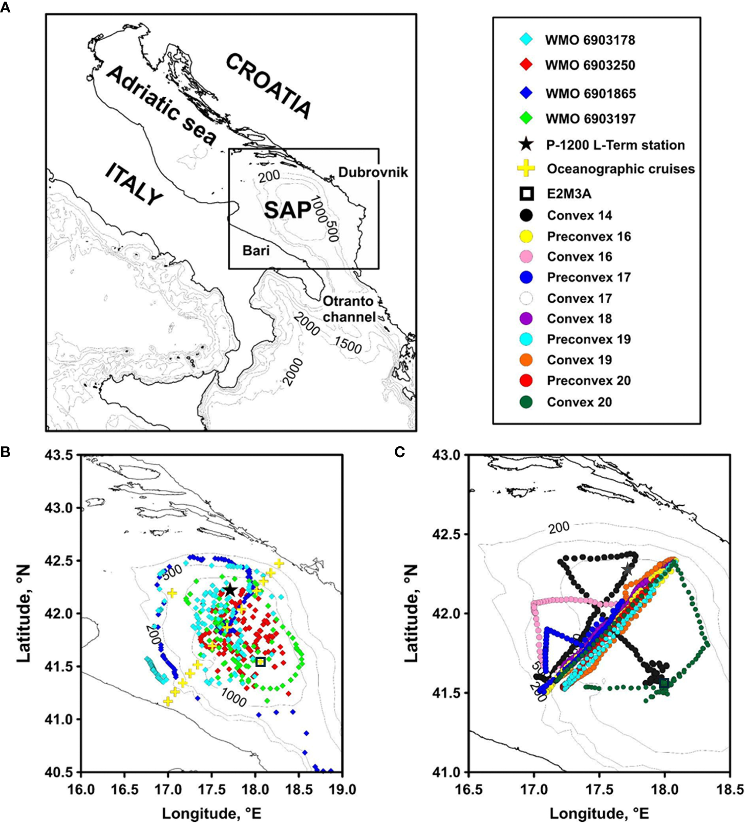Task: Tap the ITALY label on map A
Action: coord(134,184)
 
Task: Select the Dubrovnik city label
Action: coord(373,172)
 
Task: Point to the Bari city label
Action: coord(256,251)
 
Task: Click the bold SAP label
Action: coord(287,210)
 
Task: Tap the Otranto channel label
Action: coord(349,309)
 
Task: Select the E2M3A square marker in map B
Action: coord(260,662)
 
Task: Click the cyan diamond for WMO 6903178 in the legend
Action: coord(526,39)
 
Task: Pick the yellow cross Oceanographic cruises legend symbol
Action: coord(526,169)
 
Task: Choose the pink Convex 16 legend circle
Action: coord(526,257)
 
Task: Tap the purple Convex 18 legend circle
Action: coord(526,319)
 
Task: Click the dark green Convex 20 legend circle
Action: coord(526,402)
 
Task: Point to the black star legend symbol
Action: coord(526,144)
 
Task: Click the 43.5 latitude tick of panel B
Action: coord(63,455)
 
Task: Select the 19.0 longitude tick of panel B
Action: coord(343,790)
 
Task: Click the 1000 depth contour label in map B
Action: coord(233,697)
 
